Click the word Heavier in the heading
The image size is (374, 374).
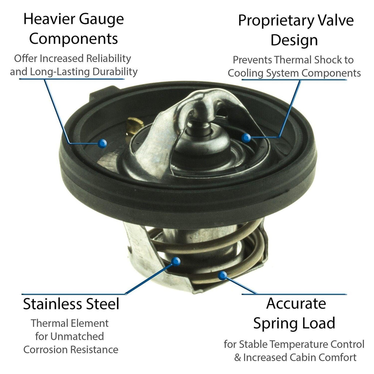coord(49,19)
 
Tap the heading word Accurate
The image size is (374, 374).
coord(296,304)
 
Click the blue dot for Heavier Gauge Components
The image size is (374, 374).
coord(102,143)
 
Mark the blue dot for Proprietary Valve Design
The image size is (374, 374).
coord(246,138)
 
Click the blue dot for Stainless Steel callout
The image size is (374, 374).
coord(176,262)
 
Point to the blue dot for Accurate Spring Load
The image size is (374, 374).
coord(222,276)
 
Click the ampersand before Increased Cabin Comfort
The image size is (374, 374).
coord(237,358)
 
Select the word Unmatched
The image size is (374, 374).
coord(77,336)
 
